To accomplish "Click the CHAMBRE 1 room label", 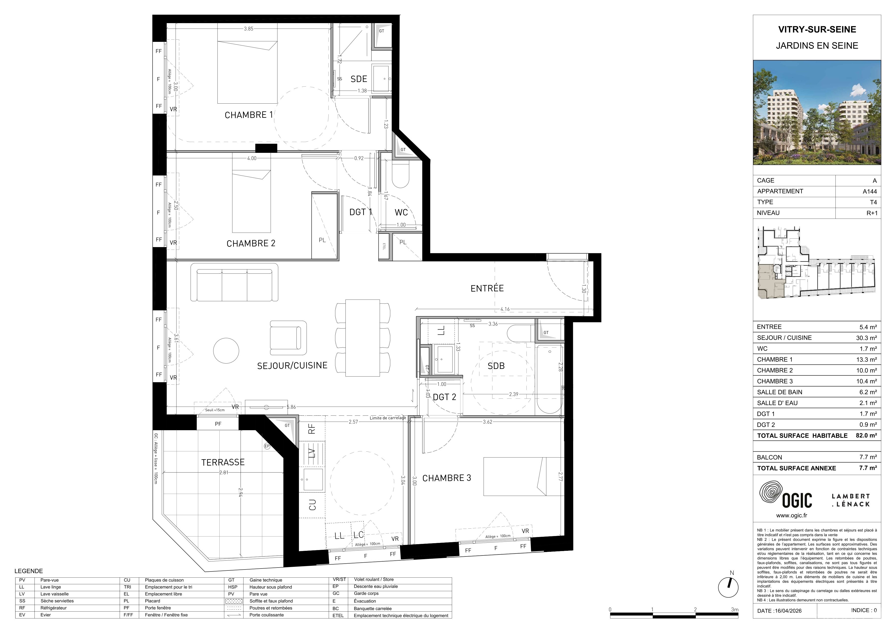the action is click(x=249, y=115).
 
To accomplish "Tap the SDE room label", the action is click(x=359, y=79).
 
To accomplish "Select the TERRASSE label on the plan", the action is click(x=223, y=462).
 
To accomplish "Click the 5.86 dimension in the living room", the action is click(x=291, y=407).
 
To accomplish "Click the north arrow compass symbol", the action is click(x=728, y=587).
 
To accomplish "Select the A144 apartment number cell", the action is click(x=869, y=191).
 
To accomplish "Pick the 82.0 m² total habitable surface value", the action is click(x=866, y=436).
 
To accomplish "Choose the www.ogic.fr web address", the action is click(x=791, y=515).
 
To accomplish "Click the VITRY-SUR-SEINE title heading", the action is click(x=817, y=30).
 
